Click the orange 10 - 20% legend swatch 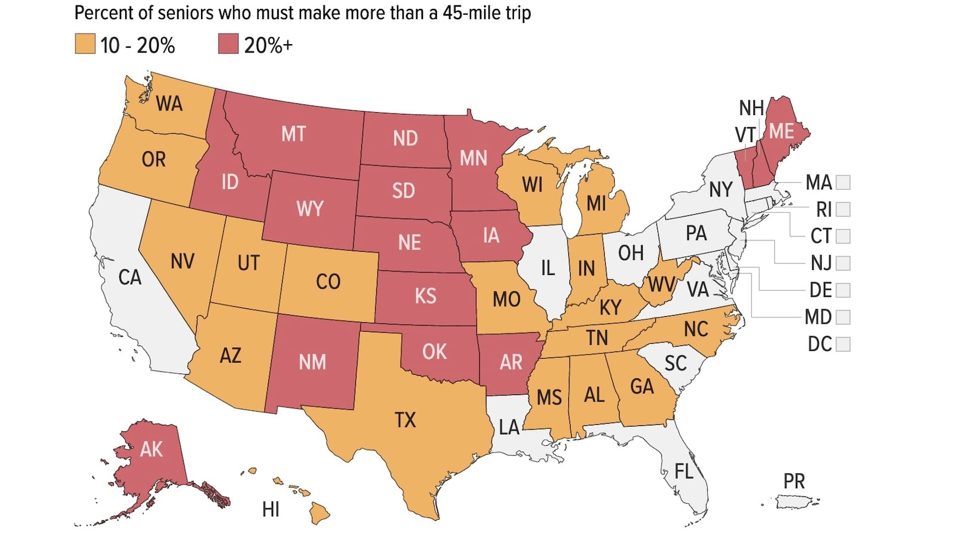(x=85, y=44)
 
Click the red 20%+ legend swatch (x=228, y=44)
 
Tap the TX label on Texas (x=405, y=420)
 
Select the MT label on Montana (x=293, y=134)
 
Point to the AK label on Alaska (x=151, y=449)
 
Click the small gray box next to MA (x=843, y=182)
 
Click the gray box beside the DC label (x=843, y=344)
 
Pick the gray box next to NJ (x=843, y=263)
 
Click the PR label (x=794, y=481)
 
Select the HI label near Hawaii (x=271, y=510)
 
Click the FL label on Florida (x=684, y=471)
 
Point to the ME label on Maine (x=781, y=131)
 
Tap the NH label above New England (x=751, y=108)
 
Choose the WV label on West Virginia (x=661, y=285)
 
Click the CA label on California (x=129, y=277)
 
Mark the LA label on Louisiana (x=509, y=427)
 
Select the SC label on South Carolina (x=676, y=363)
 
